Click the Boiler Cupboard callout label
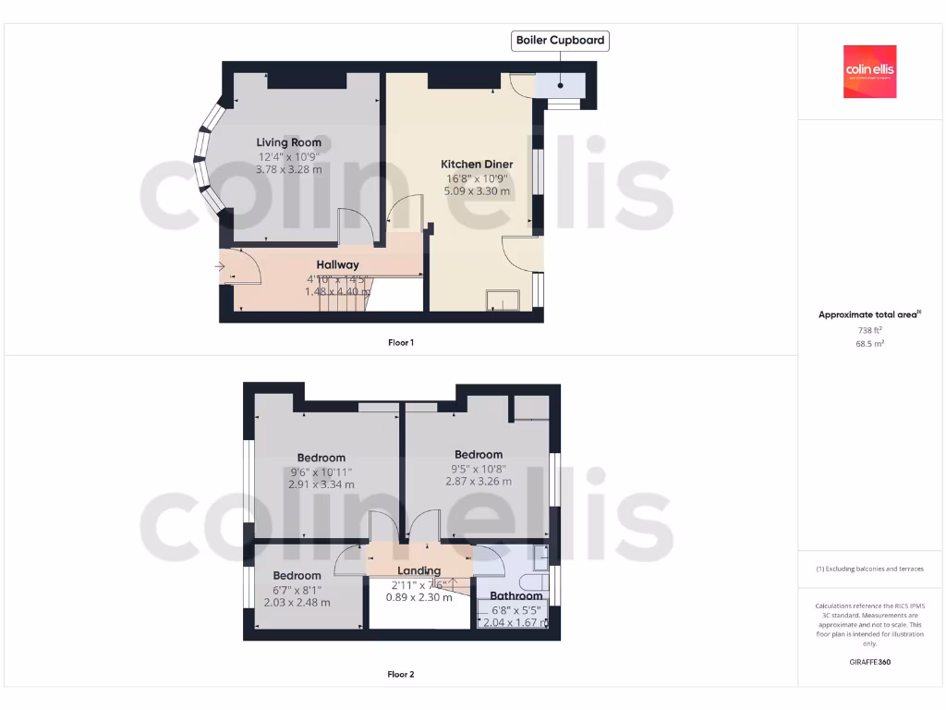(560, 41)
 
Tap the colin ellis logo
(869, 72)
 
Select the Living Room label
(289, 142)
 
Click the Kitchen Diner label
(477, 165)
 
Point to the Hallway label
(337, 265)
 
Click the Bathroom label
(515, 596)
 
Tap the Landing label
(418, 570)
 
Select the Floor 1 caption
(400, 343)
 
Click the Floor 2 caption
(400, 675)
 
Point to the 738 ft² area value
(869, 330)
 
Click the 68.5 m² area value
(869, 344)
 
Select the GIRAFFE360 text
(869, 662)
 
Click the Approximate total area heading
(868, 315)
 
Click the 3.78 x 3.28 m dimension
(289, 169)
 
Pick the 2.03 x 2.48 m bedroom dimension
(297, 603)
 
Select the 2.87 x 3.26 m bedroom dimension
(478, 482)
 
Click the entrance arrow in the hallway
(220, 268)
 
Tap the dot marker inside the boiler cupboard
(560, 85)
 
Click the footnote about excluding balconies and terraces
(869, 569)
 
